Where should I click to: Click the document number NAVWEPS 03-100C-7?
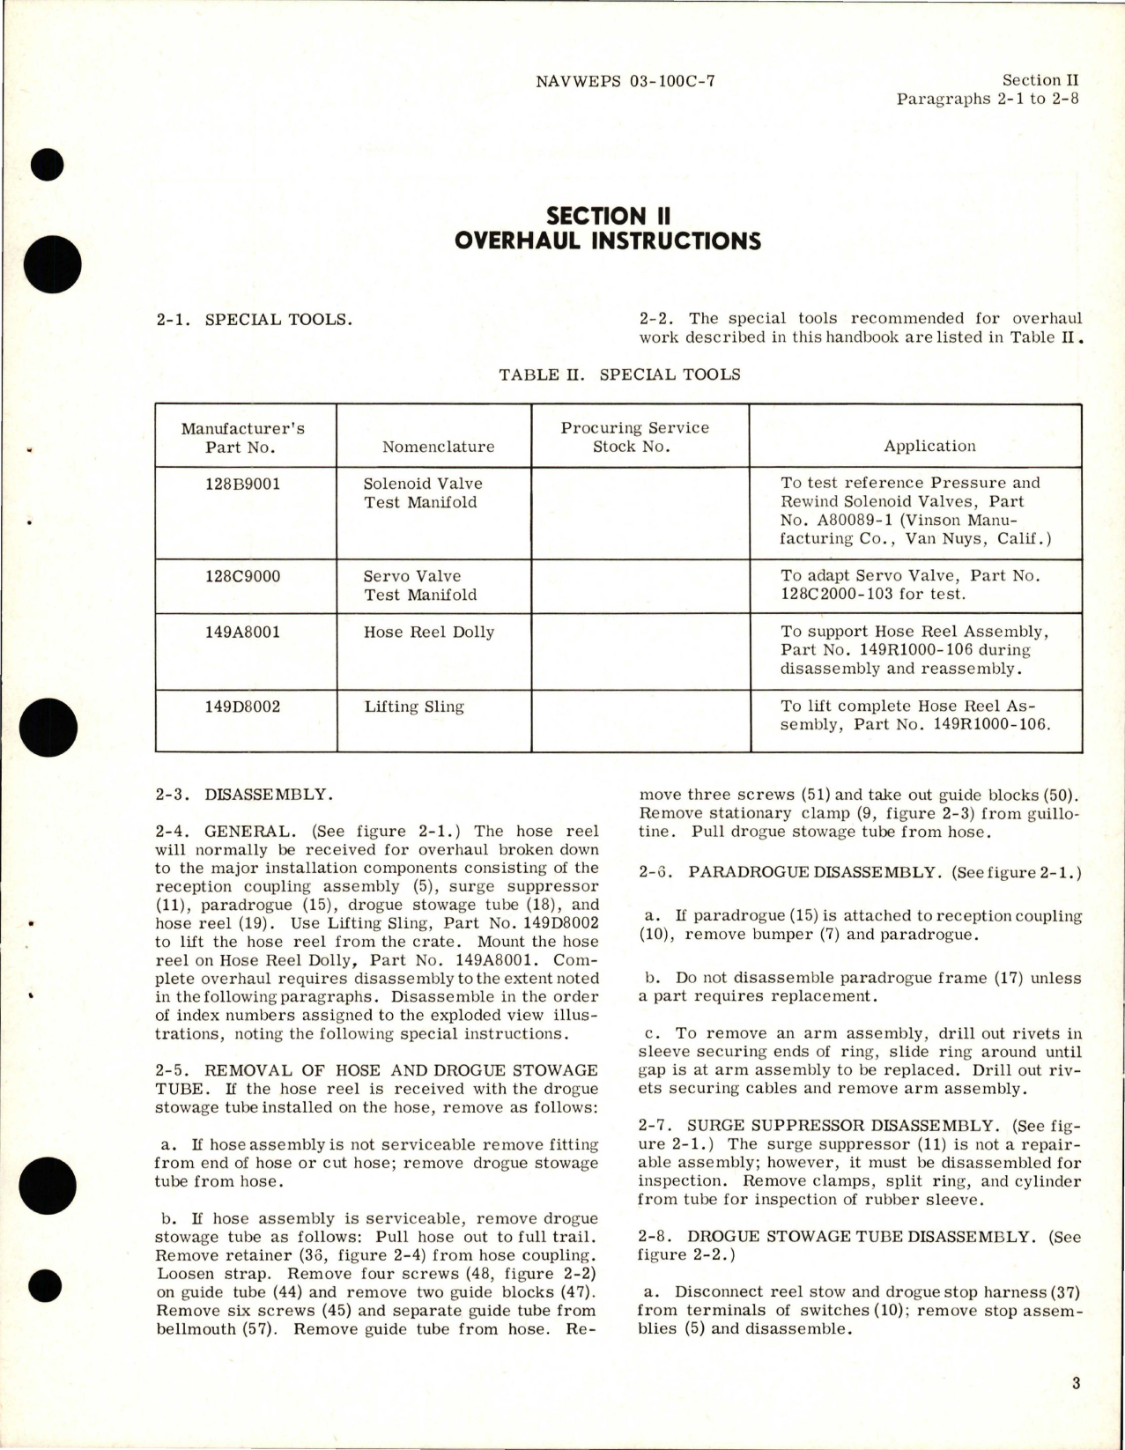pyautogui.click(x=625, y=81)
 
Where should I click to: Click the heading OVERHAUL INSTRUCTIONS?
pyautogui.click(x=608, y=240)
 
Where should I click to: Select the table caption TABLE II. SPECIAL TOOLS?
pyautogui.click(x=619, y=374)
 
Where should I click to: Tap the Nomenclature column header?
pyautogui.click(x=438, y=447)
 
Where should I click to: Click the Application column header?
pyautogui.click(x=929, y=446)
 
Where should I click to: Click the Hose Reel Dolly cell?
pyautogui.click(x=429, y=632)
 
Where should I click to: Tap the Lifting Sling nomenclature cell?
pyautogui.click(x=414, y=707)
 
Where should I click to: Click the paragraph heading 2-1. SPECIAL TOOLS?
pyautogui.click(x=253, y=319)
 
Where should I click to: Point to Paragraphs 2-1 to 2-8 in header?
pyautogui.click(x=987, y=98)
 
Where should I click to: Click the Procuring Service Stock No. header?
pyautogui.click(x=634, y=437)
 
